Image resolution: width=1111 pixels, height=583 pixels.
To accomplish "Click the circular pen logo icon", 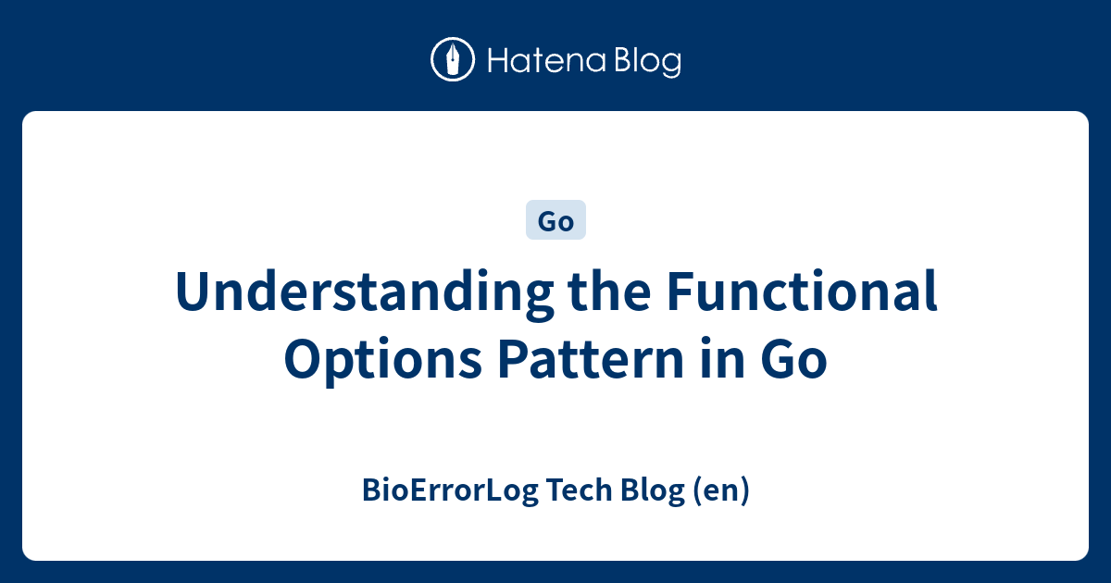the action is pyautogui.click(x=453, y=59).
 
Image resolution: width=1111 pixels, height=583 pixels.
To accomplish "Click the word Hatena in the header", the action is pyautogui.click(x=546, y=60).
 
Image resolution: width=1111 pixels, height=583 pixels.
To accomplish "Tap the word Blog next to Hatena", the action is pyautogui.click(x=648, y=62).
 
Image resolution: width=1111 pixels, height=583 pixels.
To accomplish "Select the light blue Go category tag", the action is pyautogui.click(x=555, y=219).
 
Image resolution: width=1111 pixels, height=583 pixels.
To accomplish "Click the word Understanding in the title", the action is pyautogui.click(x=365, y=291).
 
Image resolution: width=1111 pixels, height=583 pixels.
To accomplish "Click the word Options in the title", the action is pyautogui.click(x=383, y=359).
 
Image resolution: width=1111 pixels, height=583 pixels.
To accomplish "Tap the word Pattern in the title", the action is pyautogui.click(x=592, y=358).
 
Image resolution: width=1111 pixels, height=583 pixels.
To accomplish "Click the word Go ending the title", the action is pyautogui.click(x=793, y=358).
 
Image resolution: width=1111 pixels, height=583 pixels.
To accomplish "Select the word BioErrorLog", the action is pyautogui.click(x=450, y=490).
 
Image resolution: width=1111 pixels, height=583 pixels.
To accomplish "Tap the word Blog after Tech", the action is pyautogui.click(x=652, y=490).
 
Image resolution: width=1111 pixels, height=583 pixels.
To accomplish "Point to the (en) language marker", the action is pyautogui.click(x=720, y=490).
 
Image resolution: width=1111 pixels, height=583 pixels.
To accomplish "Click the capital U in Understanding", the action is pyautogui.click(x=195, y=291).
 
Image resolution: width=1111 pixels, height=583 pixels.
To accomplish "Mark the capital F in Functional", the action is pyautogui.click(x=680, y=291).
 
